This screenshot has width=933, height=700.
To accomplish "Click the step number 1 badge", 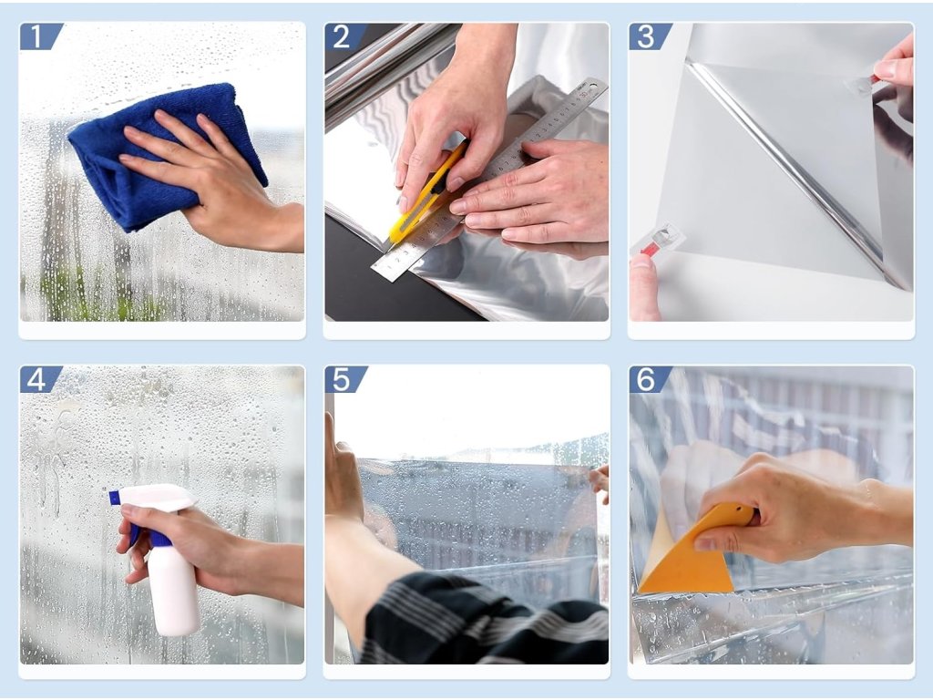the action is [39, 36].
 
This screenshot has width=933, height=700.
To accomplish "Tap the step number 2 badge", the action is [344, 36].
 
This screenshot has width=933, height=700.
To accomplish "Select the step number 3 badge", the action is [649, 36].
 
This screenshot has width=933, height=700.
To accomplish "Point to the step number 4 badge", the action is [39, 379].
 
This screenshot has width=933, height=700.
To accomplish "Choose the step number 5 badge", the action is [344, 379].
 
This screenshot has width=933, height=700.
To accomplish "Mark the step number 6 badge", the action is [649, 379].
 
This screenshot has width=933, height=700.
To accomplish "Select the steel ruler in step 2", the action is [488, 179].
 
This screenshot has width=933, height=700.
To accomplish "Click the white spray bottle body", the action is [172, 590].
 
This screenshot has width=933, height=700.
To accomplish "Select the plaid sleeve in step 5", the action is [482, 622].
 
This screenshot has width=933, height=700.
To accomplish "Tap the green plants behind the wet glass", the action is [89, 294].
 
